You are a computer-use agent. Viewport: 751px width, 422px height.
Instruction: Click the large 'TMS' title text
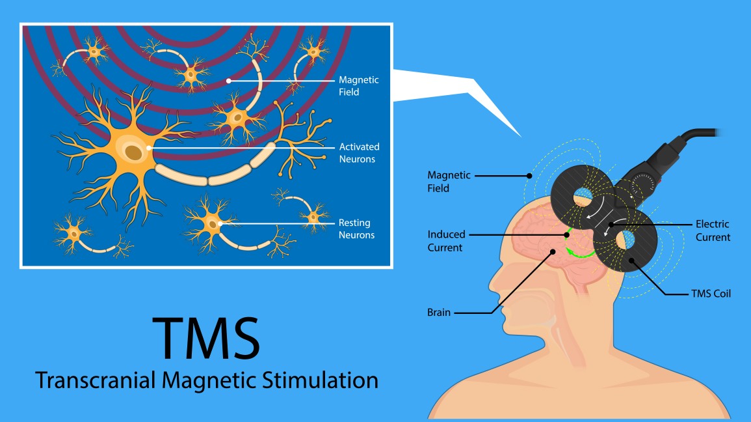pos(206,337)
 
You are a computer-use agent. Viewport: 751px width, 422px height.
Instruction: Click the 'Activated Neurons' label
pos(359,153)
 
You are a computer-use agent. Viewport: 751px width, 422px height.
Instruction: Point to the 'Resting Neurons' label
pos(357,229)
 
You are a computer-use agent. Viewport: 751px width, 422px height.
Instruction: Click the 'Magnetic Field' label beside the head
pos(449,182)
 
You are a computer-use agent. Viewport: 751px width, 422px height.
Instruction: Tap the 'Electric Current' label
pos(713,231)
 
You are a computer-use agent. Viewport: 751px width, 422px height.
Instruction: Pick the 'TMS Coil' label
pos(711,294)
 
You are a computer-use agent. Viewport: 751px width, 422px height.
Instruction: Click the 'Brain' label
pos(439,313)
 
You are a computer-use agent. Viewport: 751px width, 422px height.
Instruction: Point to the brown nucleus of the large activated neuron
pos(135,153)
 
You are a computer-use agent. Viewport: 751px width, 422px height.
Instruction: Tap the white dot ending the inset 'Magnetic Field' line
pos(229,81)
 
